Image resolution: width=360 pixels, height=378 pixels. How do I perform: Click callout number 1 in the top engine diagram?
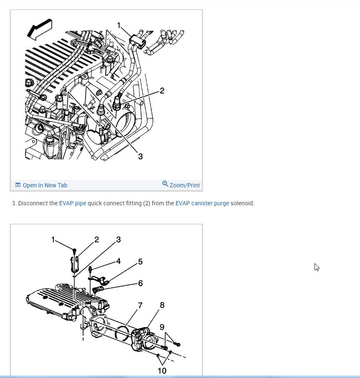(x=119, y=26)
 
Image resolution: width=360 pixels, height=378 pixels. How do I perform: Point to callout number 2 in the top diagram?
(x=162, y=91)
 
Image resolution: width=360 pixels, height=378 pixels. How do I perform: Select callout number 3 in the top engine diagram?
(x=140, y=156)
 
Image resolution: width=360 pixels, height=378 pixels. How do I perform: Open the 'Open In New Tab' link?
(x=45, y=185)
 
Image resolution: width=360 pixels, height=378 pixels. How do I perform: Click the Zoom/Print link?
(x=184, y=185)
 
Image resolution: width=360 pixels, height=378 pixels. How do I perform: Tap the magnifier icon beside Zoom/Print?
(x=165, y=184)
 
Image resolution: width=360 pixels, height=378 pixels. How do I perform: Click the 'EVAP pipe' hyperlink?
(x=72, y=204)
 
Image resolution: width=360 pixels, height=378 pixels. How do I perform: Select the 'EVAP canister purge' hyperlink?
(x=202, y=204)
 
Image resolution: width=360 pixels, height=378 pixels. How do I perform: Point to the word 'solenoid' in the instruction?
(x=242, y=204)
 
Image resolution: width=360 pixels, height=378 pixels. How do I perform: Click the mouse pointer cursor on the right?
(x=317, y=267)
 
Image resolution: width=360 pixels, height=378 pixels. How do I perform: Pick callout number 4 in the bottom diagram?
(x=118, y=261)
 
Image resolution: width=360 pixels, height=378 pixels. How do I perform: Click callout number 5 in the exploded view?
(x=140, y=262)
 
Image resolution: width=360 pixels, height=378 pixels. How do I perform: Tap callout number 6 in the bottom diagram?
(x=140, y=283)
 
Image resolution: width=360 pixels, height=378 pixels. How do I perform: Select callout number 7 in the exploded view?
(x=140, y=305)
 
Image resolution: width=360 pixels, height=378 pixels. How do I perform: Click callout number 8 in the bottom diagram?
(x=162, y=305)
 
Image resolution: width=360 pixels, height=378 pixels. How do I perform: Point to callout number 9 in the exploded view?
(x=162, y=327)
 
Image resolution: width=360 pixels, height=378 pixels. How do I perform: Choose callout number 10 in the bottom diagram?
(x=162, y=370)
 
